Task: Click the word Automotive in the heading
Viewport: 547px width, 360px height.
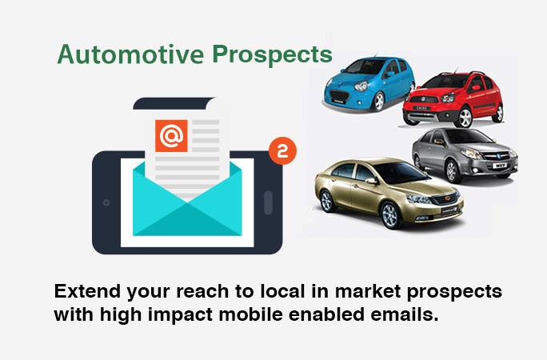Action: coord(131,54)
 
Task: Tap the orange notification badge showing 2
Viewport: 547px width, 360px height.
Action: coord(282,150)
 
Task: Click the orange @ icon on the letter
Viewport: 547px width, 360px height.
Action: coord(171,136)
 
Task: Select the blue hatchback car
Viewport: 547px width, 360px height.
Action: coord(369,84)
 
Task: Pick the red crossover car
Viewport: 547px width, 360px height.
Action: coord(453,99)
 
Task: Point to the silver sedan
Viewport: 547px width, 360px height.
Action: coord(465,154)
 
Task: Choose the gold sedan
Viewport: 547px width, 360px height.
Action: coord(389,193)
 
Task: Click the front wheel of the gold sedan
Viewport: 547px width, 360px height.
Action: coord(391,215)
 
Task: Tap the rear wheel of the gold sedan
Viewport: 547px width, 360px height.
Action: coord(327,201)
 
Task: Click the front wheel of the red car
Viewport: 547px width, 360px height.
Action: coord(464,118)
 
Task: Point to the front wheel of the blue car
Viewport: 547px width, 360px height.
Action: coord(378,101)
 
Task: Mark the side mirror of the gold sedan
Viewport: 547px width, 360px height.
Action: coord(371,181)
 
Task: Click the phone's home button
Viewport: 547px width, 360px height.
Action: coord(268,202)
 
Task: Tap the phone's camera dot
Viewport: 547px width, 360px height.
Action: coord(106,202)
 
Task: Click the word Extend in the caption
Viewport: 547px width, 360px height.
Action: coord(87,291)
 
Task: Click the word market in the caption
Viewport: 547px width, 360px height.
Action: coord(368,291)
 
